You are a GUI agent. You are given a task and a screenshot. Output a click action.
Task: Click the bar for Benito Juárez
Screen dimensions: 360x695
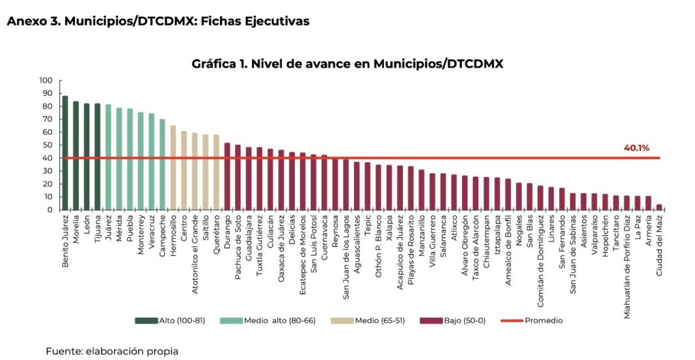click(x=65, y=153)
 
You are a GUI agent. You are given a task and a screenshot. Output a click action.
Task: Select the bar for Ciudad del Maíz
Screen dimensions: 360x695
click(x=659, y=207)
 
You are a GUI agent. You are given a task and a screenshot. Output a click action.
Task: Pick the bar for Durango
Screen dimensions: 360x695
click(x=227, y=176)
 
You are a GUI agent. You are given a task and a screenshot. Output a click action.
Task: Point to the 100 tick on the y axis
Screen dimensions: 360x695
click(x=46, y=81)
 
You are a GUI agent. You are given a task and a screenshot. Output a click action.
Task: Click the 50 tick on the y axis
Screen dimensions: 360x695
click(x=48, y=145)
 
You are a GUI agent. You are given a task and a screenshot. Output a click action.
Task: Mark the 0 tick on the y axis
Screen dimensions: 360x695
click(x=49, y=210)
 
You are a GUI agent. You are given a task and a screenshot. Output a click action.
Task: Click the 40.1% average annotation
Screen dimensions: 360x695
click(x=637, y=148)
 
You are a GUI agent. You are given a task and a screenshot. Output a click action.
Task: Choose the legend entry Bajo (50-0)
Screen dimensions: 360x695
click(x=448, y=320)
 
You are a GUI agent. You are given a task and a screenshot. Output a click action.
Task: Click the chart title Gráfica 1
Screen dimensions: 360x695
click(x=347, y=64)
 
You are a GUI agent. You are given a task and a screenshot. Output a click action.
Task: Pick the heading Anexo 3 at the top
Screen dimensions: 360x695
click(x=157, y=21)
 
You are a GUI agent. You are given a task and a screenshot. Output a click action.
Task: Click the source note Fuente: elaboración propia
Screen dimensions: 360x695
click(x=111, y=351)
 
